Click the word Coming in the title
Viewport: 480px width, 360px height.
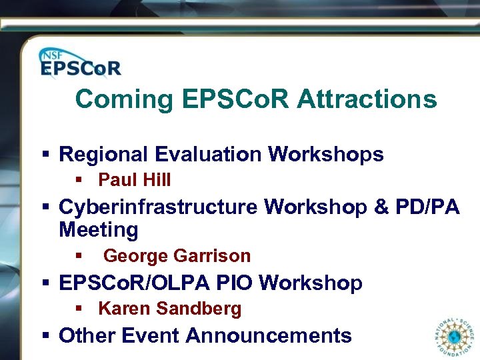point(124,100)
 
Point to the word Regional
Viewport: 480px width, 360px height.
point(104,155)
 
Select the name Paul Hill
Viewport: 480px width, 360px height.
point(134,180)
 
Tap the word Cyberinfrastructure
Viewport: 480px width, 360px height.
point(158,207)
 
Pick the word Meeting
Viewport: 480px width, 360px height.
point(99,231)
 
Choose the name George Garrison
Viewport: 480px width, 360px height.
point(177,256)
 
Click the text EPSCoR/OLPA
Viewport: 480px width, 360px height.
point(135,283)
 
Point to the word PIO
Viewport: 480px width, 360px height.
point(235,283)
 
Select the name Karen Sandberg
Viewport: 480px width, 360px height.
point(169,309)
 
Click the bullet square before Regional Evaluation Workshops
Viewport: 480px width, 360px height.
point(45,155)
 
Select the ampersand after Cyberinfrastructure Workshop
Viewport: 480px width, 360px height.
point(381,207)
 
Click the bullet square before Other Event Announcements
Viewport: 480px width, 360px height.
point(45,335)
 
